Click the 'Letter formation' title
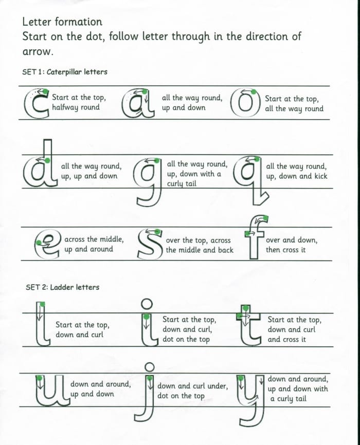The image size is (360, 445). [62, 22]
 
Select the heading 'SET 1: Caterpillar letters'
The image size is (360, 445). [65, 72]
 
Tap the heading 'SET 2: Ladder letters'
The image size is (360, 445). [62, 287]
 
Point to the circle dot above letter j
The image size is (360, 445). [150, 367]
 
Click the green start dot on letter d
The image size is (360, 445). [47, 161]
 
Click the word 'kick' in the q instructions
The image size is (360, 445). [316, 176]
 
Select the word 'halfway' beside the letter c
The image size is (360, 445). [65, 107]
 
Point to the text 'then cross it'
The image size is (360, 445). [285, 250]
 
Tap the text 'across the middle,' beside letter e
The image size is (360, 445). [94, 239]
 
